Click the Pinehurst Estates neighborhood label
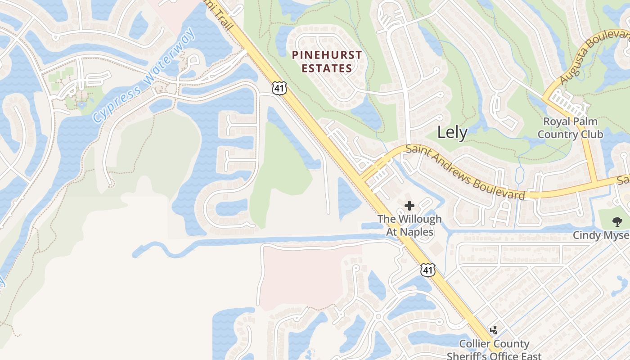click(327, 62)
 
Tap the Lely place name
click(452, 132)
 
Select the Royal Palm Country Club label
click(570, 128)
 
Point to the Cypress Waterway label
click(144, 76)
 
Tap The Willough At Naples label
click(409, 225)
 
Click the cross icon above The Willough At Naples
click(409, 206)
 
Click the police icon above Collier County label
click(494, 330)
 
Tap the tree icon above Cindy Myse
click(617, 221)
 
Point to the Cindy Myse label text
click(601, 235)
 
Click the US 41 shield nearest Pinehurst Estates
click(279, 88)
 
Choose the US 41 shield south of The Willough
click(428, 270)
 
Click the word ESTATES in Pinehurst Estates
click(327, 68)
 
